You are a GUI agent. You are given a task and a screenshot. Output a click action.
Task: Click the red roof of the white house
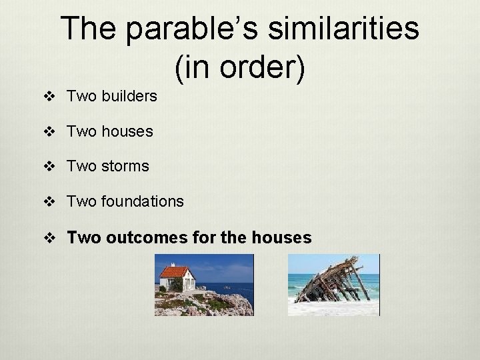coord(175,271)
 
